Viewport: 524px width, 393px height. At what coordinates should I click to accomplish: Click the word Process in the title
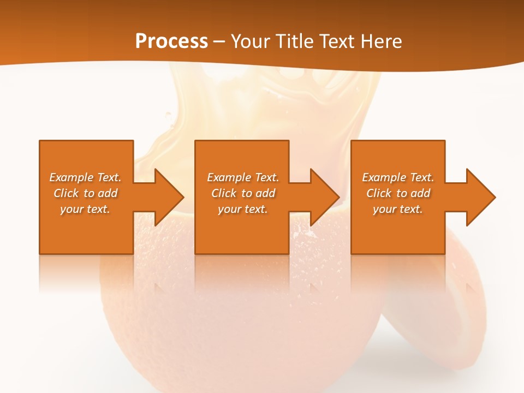[x=171, y=41]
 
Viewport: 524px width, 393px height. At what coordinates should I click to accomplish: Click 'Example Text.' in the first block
[x=85, y=177]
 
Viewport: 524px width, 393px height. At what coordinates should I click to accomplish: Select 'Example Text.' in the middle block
[x=243, y=177]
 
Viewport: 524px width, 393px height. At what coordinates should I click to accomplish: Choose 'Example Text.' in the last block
[x=398, y=177]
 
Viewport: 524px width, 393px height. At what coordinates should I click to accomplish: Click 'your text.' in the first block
[x=85, y=209]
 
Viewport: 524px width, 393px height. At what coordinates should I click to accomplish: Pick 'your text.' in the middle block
[x=243, y=209]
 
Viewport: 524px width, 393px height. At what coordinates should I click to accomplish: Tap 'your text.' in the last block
[x=398, y=209]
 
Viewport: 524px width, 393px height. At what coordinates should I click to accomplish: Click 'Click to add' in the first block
[x=85, y=193]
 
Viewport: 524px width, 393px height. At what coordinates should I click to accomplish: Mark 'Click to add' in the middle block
[x=243, y=193]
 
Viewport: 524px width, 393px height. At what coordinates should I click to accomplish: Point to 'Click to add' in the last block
[x=398, y=193]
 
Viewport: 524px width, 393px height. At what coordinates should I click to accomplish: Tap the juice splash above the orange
[x=273, y=104]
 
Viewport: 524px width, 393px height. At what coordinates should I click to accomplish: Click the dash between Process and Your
[x=219, y=42]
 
